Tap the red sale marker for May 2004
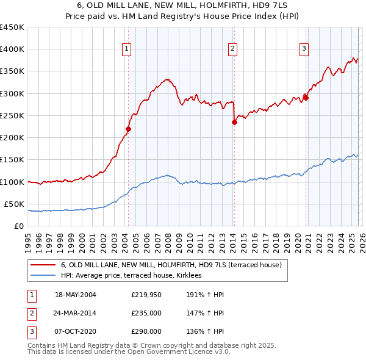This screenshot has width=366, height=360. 128,129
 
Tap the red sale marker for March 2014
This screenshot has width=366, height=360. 234,122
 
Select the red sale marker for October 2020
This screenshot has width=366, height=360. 306,98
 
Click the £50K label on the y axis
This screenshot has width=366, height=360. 14,204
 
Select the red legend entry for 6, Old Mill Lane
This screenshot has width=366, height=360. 171,265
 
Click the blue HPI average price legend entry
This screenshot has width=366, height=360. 135,276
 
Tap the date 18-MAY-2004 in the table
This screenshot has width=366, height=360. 76,295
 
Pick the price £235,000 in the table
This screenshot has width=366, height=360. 146,313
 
